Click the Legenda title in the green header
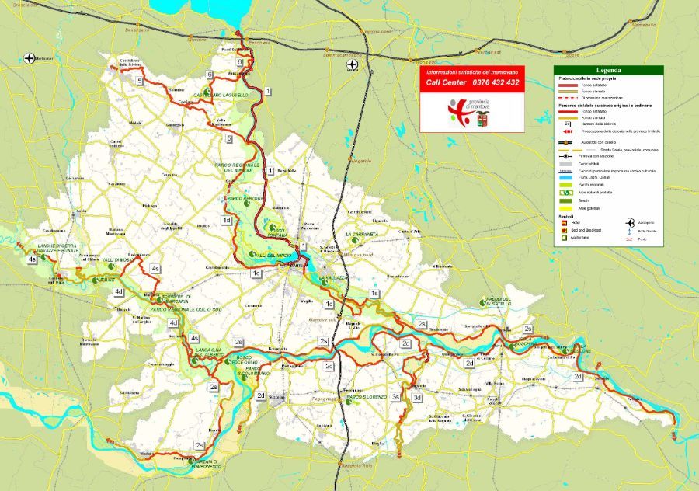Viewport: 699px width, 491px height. (x=608, y=71)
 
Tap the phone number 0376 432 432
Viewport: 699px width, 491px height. (x=495, y=82)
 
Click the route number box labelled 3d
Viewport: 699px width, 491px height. (x=417, y=398)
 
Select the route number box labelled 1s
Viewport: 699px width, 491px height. (x=374, y=294)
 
